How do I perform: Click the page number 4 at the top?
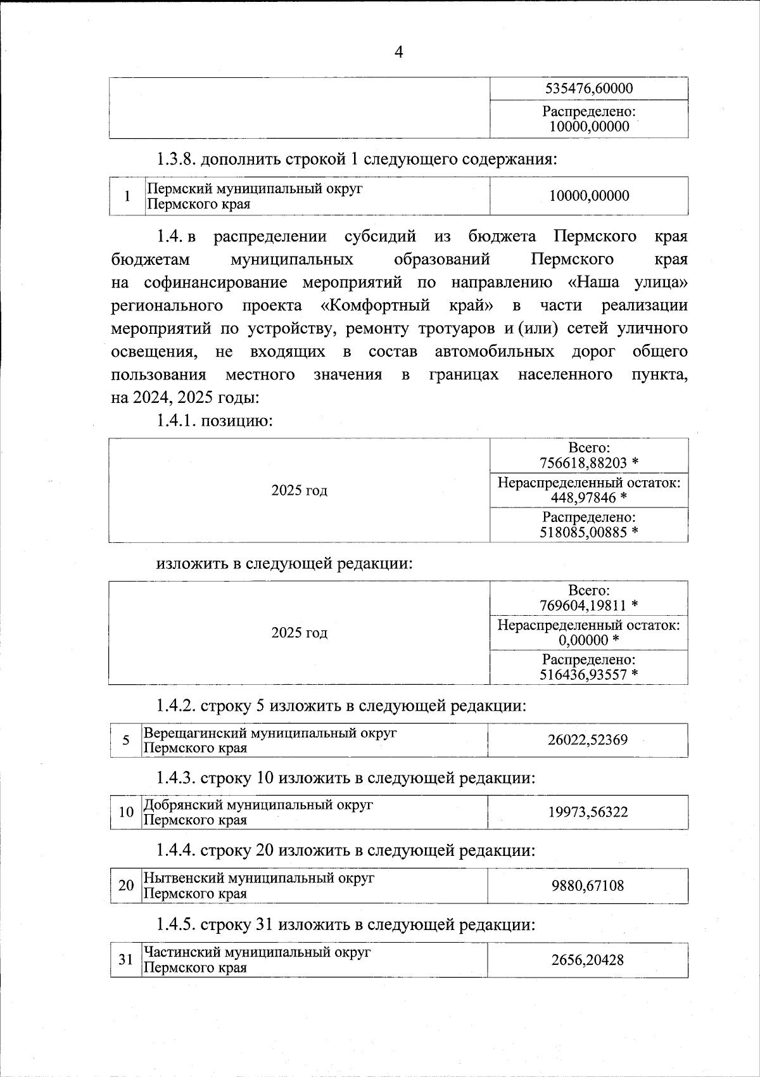pos(398,53)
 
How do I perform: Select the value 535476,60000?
pos(589,89)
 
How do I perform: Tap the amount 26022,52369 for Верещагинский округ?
pos(588,740)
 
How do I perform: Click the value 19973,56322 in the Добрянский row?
pos(588,812)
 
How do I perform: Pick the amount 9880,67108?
pos(588,885)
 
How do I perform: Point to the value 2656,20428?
pos(588,960)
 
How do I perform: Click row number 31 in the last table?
pos(125,960)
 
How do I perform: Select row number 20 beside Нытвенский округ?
pos(125,885)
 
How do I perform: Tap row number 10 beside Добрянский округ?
pos(125,812)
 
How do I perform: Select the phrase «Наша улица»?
pos(628,282)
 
